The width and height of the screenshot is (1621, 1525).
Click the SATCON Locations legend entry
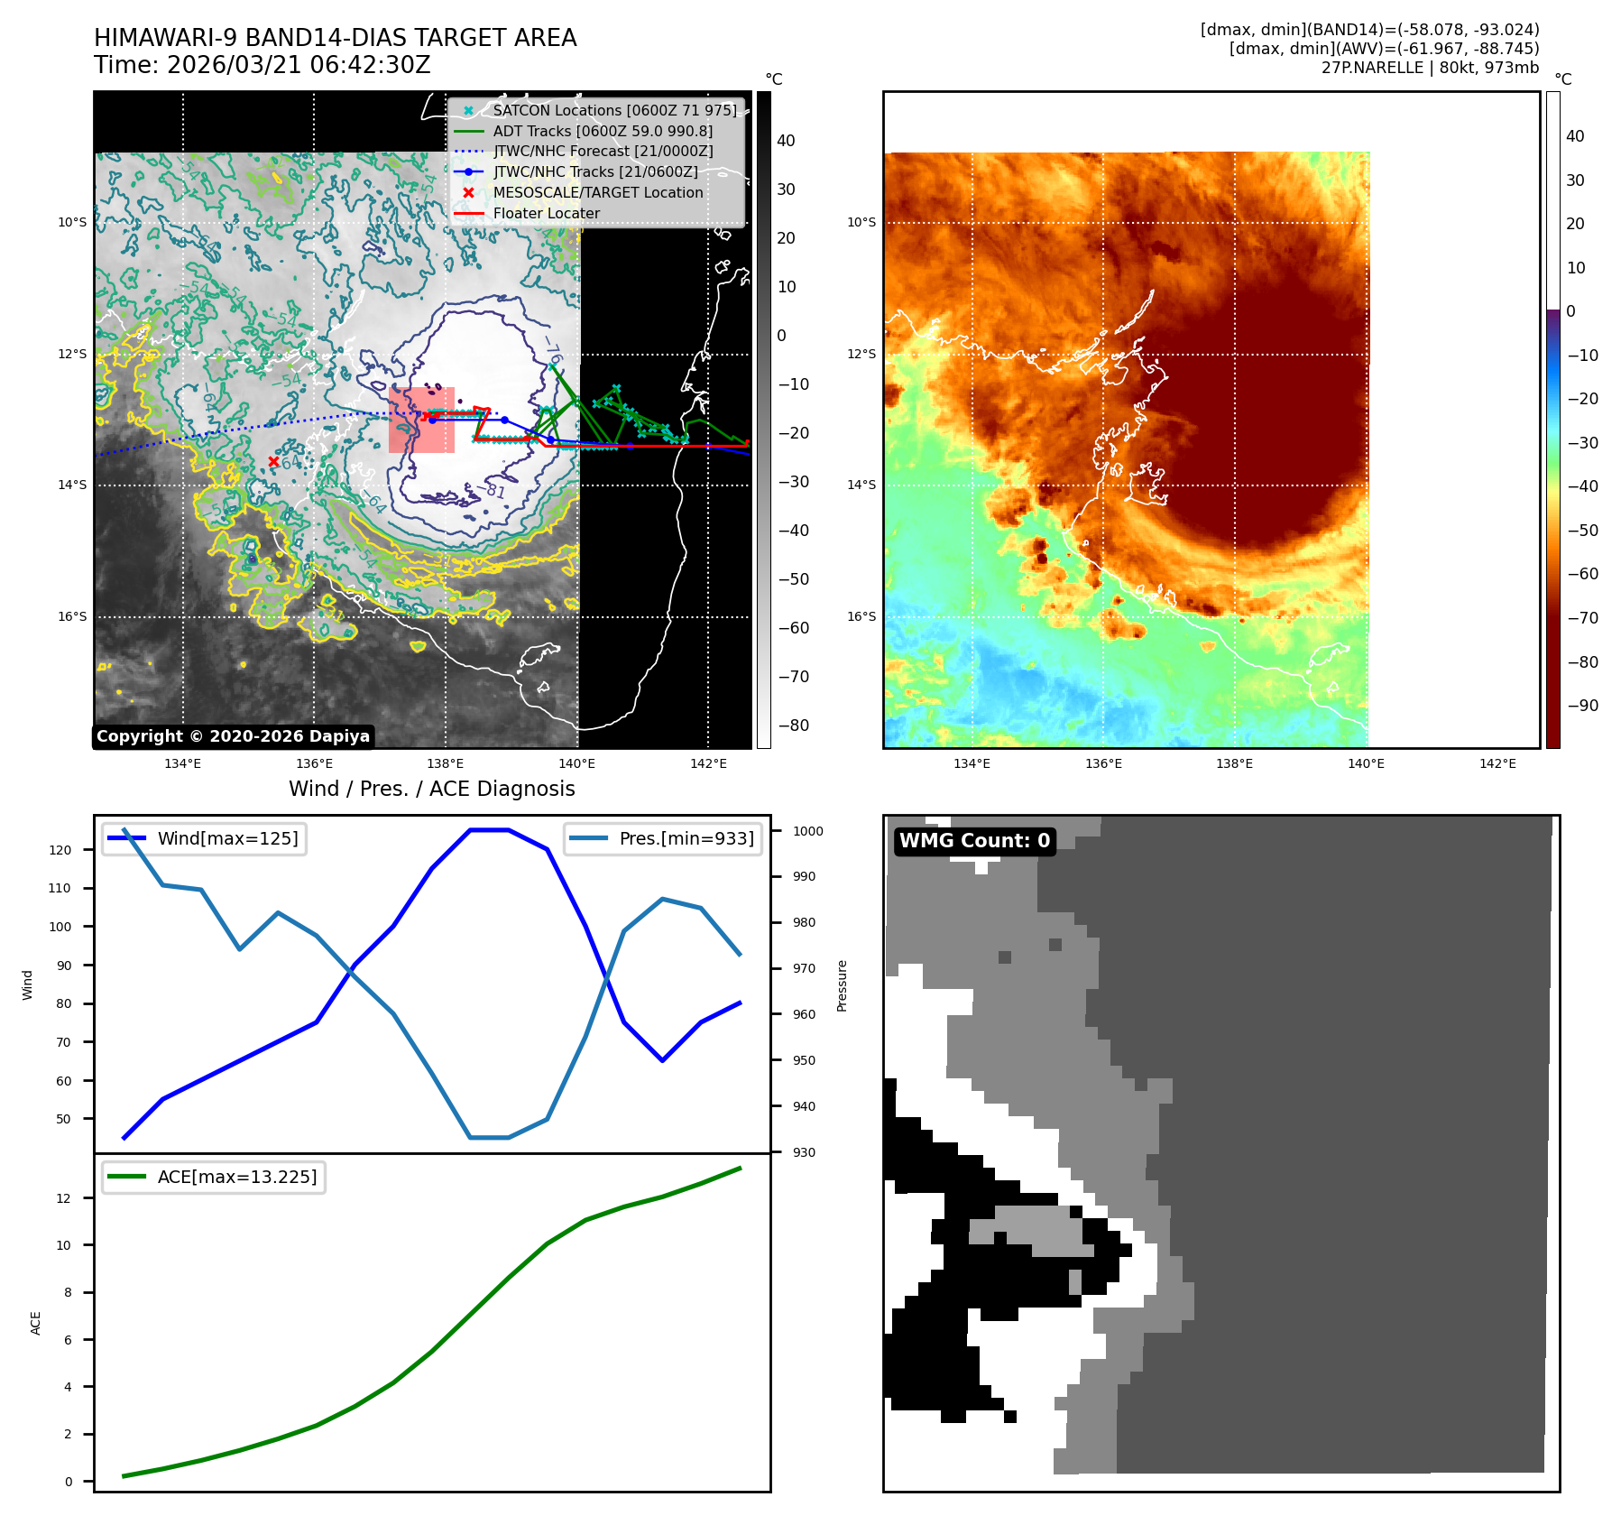[613, 110]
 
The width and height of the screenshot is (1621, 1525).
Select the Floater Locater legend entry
[546, 213]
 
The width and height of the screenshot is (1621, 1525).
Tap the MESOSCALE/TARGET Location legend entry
[597, 192]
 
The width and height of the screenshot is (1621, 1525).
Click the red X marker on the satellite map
[273, 461]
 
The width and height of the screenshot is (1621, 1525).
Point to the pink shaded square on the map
[421, 420]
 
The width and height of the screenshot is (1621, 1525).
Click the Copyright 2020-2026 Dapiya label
[233, 736]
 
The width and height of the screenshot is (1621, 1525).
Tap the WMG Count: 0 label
[974, 841]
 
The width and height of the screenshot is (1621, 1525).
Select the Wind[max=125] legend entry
[227, 838]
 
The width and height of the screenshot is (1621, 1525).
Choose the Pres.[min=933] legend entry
[686, 838]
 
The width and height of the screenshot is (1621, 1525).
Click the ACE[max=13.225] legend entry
[236, 1177]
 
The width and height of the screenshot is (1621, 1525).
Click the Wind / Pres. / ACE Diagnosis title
[431, 789]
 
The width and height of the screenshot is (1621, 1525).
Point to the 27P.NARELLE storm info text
[1430, 68]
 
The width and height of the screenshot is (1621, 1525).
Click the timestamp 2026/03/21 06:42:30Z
[298, 66]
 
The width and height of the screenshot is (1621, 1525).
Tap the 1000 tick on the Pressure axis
[808, 831]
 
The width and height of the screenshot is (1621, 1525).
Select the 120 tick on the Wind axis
[60, 850]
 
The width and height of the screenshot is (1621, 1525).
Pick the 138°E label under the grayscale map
[446, 763]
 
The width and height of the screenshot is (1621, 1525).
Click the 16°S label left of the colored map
[861, 616]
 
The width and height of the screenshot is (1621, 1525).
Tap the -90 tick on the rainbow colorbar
[1582, 706]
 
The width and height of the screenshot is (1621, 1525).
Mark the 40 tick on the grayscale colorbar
[786, 141]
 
